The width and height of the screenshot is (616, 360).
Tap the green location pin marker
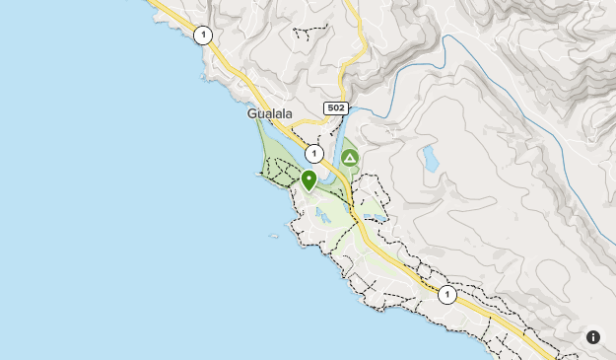(308, 180)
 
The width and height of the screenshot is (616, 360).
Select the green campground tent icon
(349, 157)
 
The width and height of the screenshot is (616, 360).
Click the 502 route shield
(335, 108)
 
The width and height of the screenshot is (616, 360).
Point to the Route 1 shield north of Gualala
(203, 36)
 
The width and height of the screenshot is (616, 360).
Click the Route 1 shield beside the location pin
(313, 154)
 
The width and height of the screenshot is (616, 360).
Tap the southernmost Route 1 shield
(447, 295)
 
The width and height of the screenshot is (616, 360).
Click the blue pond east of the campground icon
(430, 158)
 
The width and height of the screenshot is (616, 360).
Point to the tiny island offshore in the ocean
(274, 235)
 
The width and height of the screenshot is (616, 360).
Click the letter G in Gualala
(252, 114)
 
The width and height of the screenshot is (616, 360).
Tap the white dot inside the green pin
(308, 178)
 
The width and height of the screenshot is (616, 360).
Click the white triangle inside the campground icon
(349, 157)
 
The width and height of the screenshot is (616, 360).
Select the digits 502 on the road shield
(335, 108)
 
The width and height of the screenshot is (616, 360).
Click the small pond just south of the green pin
(322, 211)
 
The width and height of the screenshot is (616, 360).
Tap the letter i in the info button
(593, 337)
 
